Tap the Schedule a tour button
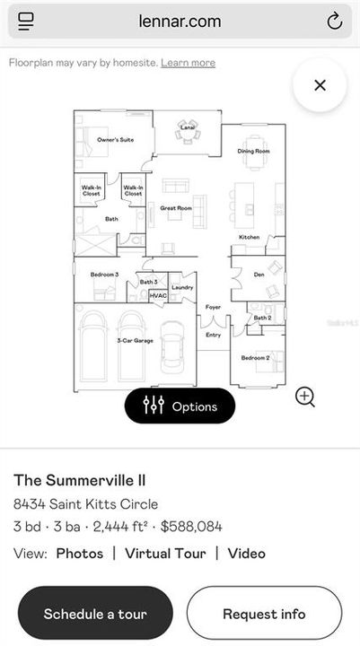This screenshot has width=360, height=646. click(95, 614)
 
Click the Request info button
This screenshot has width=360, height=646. click(264, 614)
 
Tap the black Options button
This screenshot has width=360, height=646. click(180, 406)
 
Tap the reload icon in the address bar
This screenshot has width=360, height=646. click(334, 22)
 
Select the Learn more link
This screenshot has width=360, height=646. click(189, 63)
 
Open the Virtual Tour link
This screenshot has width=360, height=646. click(165, 554)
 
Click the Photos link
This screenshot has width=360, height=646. click(80, 554)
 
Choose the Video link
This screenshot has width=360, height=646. click(246, 554)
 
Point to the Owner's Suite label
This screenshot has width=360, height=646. click(115, 140)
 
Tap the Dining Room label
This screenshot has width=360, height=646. click(253, 151)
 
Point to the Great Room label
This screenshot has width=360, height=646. click(176, 208)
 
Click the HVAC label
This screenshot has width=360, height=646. click(158, 295)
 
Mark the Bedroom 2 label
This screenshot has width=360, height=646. click(255, 358)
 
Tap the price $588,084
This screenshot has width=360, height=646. click(191, 527)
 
